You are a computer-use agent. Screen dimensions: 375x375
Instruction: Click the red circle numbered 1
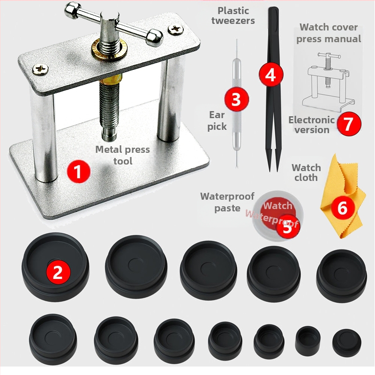click(78, 172)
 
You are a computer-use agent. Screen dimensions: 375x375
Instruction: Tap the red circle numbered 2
click(58, 272)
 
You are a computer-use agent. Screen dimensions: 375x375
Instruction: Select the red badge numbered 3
click(236, 99)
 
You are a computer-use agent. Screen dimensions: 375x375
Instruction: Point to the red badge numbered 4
click(271, 75)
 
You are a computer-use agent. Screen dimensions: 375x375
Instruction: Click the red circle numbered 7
click(349, 124)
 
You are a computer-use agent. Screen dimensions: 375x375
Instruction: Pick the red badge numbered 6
click(343, 207)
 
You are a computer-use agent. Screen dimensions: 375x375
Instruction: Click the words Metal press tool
click(123, 155)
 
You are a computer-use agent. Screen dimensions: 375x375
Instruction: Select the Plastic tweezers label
click(233, 15)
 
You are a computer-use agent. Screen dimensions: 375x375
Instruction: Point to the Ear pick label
click(217, 120)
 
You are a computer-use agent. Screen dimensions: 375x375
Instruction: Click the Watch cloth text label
click(306, 172)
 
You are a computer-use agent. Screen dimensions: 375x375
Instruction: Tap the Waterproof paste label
click(227, 202)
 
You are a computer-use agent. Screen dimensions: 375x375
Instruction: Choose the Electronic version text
click(311, 125)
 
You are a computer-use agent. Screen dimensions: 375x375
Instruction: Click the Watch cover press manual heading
click(329, 33)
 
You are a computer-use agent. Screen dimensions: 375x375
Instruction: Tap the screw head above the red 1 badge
click(40, 69)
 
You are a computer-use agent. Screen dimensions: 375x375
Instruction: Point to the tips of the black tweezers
click(274, 169)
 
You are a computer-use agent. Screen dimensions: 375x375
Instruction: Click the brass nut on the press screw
click(109, 49)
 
